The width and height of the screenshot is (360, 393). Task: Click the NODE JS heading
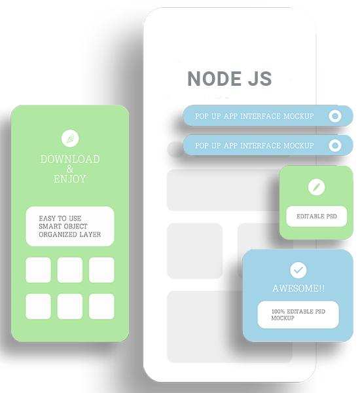(230, 79)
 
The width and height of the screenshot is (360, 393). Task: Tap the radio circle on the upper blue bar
(335, 116)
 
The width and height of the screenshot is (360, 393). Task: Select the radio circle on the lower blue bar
(335, 145)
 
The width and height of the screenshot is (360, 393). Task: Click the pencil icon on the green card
(316, 187)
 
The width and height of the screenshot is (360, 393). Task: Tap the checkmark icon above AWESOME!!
(298, 270)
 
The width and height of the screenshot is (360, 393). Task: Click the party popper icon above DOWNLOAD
(70, 138)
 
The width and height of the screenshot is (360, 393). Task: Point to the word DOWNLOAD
(70, 159)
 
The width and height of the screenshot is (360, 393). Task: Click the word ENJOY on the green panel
(70, 179)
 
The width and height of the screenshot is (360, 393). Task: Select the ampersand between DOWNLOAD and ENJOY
(70, 169)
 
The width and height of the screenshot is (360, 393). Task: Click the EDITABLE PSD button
(317, 216)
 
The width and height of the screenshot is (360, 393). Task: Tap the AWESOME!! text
(298, 288)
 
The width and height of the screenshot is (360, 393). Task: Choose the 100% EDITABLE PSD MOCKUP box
(298, 314)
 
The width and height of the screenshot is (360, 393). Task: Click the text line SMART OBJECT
(63, 227)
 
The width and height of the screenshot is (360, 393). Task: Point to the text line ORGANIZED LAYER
(70, 234)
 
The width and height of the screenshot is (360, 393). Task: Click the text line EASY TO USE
(60, 218)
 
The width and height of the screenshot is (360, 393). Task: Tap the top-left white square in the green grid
(39, 270)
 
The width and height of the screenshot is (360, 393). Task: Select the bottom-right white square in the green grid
(101, 307)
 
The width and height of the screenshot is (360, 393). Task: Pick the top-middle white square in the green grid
(70, 270)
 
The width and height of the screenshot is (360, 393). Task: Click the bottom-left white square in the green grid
(39, 307)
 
